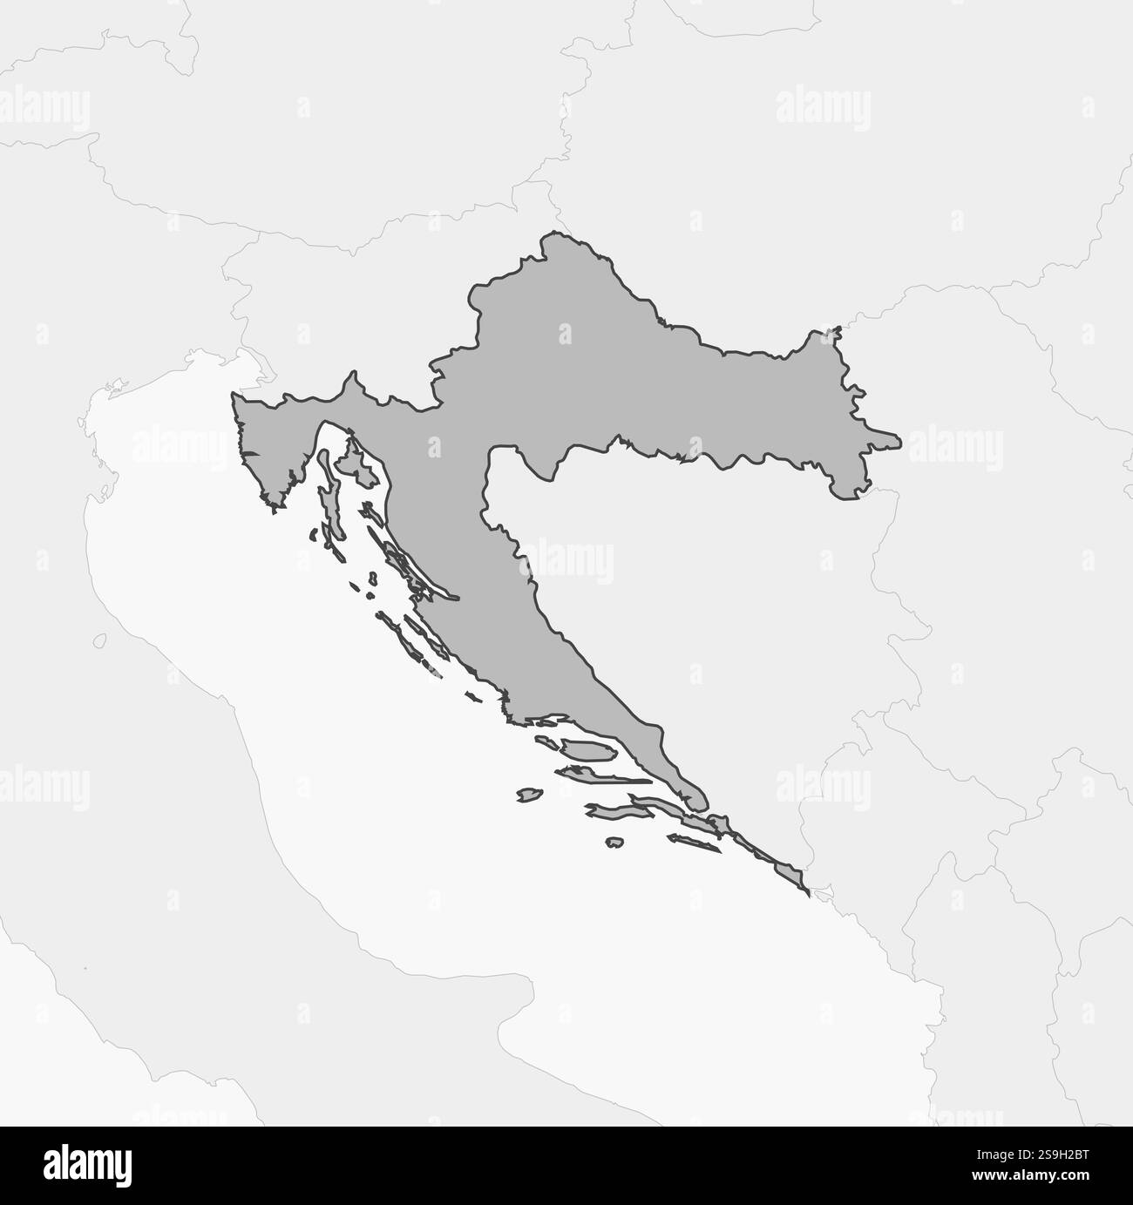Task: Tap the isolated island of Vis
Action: pos(528,795)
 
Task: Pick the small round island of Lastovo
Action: pos(614,843)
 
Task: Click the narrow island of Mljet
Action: pos(694,843)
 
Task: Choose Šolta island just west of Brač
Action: pos(547,741)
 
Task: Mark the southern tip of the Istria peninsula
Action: pos(277,506)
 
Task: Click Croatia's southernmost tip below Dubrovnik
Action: pos(806,891)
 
